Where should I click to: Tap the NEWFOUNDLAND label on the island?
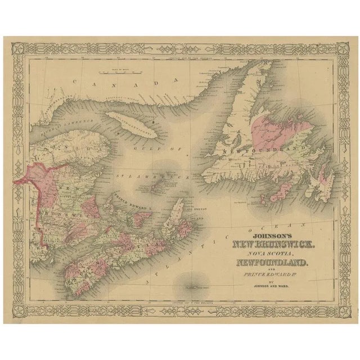(x=259, y=151)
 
